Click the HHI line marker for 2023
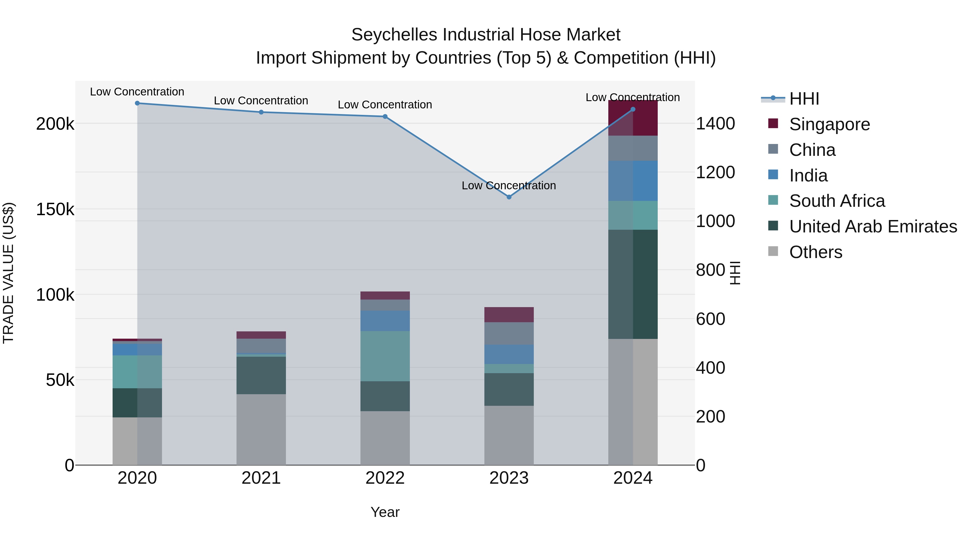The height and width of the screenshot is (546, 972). coord(509,197)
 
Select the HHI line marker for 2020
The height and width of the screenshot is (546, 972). coord(137,103)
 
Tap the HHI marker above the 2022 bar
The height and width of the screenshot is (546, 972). coord(385,116)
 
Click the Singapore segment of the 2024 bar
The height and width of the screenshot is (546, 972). coord(633,118)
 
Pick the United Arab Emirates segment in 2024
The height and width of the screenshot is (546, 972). coord(633,284)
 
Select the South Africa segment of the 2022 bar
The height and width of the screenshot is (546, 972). coord(385,356)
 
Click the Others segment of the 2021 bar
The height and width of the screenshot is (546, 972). coord(261,430)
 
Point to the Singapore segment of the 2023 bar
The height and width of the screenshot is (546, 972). coord(509,315)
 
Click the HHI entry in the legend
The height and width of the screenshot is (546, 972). coord(804,99)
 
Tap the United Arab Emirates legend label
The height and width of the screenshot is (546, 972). coord(873,226)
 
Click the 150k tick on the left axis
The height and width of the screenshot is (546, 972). coord(55,209)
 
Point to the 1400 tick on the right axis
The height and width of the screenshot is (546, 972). coord(715,123)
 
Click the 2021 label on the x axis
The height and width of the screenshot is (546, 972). coord(261,478)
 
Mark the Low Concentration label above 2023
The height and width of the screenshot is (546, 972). coord(509,186)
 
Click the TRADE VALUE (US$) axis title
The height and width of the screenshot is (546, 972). coord(8,273)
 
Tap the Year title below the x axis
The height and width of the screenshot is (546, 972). coord(385,512)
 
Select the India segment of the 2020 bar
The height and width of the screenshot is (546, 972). coord(137,349)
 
